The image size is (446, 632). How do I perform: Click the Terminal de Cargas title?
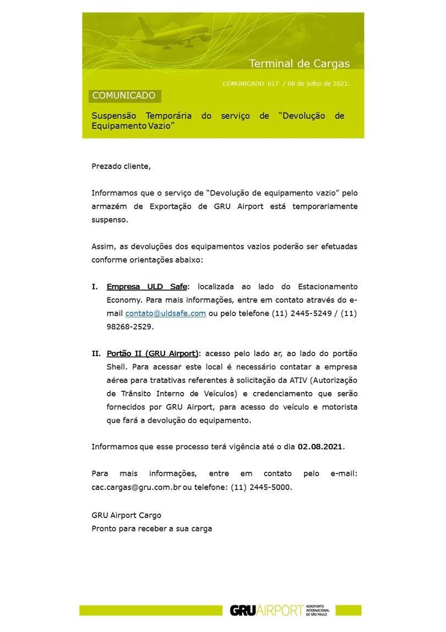[x=299, y=63]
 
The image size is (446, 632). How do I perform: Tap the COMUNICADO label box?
[x=124, y=96]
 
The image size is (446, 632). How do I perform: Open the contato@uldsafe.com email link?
[x=166, y=313]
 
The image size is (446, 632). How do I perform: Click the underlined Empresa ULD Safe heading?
[x=147, y=287]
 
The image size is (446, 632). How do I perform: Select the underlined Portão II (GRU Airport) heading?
[x=153, y=353]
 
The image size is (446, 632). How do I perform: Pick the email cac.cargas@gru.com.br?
[x=136, y=487]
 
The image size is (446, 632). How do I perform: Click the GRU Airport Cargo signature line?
[x=126, y=515]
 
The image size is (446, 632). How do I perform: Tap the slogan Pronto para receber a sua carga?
[x=151, y=529]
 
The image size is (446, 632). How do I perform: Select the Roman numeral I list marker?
[x=94, y=287]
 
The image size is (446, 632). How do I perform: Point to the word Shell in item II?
[x=117, y=366]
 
